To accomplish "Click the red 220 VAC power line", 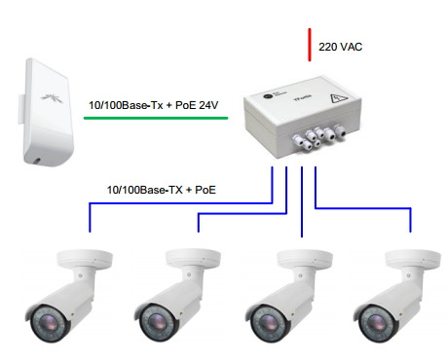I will pos(310,45).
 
